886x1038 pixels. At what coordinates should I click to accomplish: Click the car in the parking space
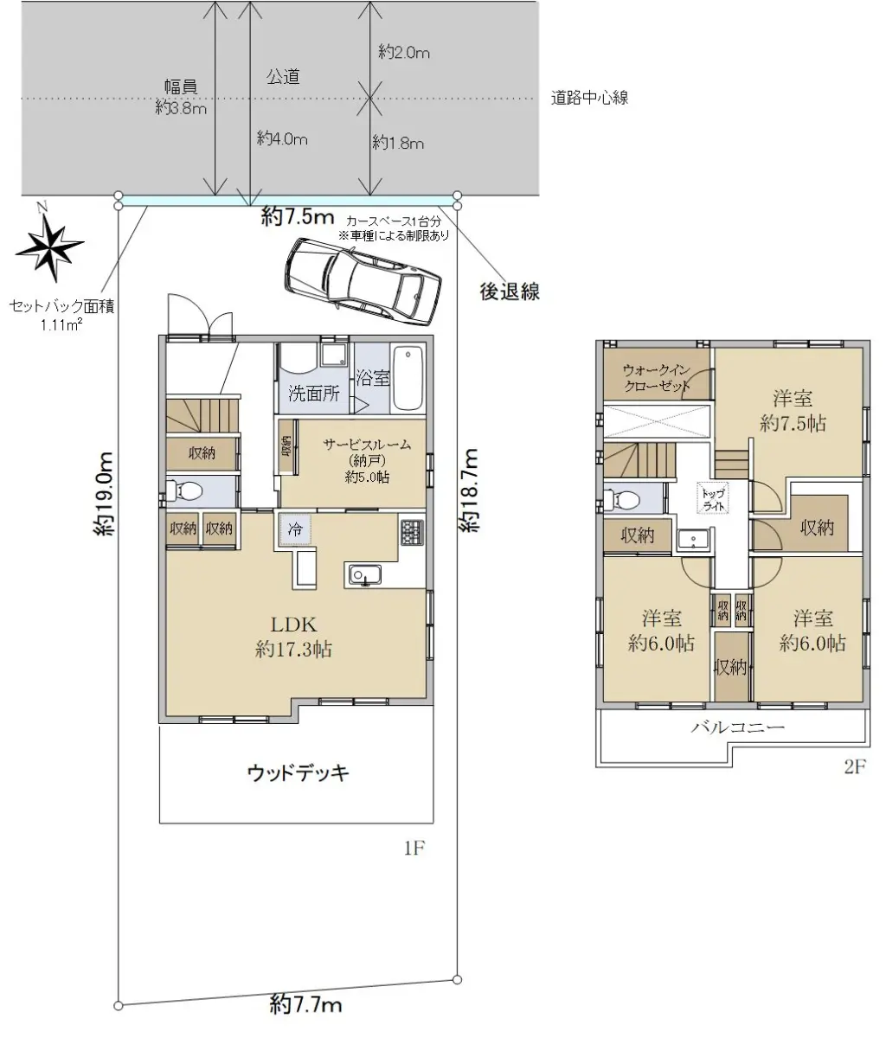point(363,282)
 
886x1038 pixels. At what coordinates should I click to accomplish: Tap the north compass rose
point(49,245)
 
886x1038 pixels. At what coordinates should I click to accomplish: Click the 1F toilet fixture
point(183,490)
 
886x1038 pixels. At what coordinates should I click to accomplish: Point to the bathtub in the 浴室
point(408,378)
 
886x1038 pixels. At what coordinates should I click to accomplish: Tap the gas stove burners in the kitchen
point(413,533)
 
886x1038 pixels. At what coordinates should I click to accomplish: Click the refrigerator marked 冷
point(295,529)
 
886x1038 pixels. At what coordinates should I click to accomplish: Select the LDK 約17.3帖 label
point(294,638)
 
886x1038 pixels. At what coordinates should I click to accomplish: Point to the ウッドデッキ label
point(298,772)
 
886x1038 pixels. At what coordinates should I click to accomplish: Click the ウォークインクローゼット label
point(657,378)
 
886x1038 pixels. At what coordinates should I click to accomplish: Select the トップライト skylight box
point(713,497)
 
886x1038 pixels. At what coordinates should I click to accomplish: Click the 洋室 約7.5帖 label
point(793,411)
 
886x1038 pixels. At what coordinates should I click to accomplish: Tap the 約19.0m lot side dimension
point(105,494)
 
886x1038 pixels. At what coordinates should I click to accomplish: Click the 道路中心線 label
point(590,98)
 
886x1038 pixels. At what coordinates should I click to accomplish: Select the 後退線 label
point(510,292)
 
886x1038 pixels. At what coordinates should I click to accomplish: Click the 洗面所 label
point(314,394)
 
